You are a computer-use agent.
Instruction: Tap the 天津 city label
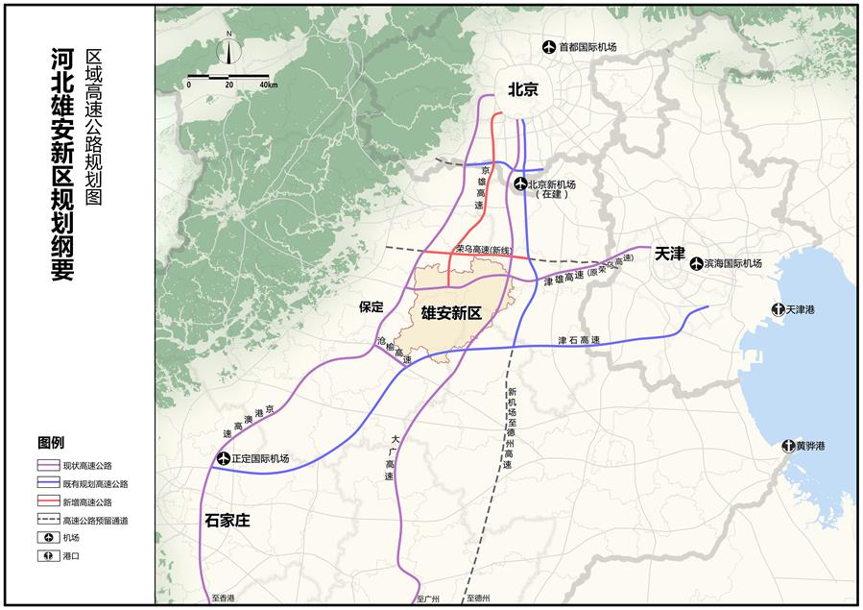tap(669, 255)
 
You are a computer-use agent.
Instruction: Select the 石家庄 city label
tap(227, 520)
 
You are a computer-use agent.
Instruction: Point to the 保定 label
tap(371, 307)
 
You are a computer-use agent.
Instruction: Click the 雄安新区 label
tap(450, 312)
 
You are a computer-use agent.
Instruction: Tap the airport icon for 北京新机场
tap(519, 184)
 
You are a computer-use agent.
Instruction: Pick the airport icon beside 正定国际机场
tap(224, 458)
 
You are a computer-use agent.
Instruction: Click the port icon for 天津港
tap(778, 309)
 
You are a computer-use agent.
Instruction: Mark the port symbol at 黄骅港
tap(787, 446)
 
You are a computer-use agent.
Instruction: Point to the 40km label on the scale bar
tap(269, 85)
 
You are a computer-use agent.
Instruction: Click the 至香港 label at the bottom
tap(223, 598)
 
